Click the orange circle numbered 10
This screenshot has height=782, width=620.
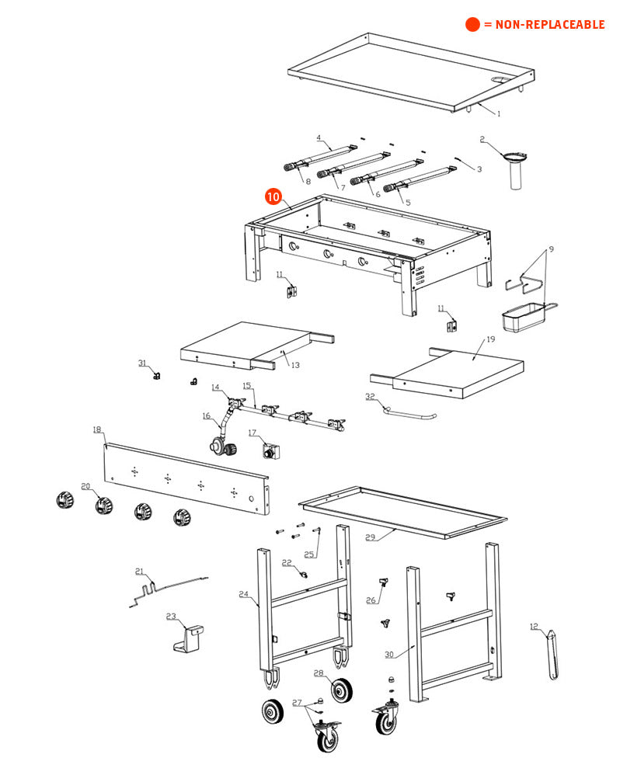click(273, 196)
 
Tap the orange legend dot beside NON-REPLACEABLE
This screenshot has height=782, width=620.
click(472, 24)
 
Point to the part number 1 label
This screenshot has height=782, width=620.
click(499, 113)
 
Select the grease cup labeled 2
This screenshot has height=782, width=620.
click(513, 167)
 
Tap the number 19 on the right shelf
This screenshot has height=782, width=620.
click(490, 339)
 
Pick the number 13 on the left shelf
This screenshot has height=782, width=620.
click(295, 365)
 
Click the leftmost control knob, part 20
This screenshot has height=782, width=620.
click(63, 499)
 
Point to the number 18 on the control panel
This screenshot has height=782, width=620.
click(97, 429)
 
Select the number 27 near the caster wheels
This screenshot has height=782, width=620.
click(297, 702)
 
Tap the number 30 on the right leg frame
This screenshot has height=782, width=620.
click(389, 654)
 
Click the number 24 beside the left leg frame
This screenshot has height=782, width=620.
click(243, 595)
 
